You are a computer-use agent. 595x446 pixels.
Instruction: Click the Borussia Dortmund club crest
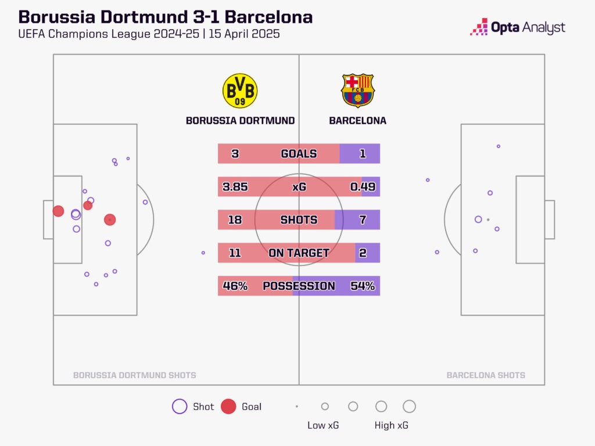240,91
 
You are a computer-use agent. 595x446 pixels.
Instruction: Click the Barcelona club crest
358,91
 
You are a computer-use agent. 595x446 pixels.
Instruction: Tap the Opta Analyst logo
518,27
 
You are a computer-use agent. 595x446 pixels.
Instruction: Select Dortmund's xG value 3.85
235,187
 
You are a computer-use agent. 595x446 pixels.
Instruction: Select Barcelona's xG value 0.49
363,187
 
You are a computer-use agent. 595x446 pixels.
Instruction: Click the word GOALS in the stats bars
299,154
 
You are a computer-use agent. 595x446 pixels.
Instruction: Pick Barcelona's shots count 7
363,220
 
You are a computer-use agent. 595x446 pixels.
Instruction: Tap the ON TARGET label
299,253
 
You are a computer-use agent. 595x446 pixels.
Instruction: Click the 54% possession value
363,286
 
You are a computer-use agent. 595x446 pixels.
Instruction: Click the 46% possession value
235,286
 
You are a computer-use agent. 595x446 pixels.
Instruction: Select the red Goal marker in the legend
229,407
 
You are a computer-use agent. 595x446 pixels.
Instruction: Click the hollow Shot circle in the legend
180,407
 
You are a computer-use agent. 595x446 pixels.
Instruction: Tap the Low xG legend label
323,426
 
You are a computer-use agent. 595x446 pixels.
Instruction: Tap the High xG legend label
391,426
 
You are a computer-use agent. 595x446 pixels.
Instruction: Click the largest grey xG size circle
409,407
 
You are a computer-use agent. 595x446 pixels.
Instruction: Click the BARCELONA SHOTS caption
486,376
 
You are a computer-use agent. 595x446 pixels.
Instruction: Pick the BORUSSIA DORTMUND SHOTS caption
134,376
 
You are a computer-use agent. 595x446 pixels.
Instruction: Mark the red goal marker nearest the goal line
58,211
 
